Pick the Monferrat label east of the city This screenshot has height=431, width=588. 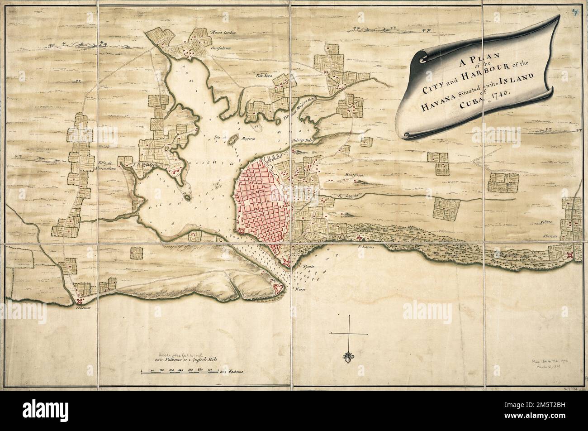354,174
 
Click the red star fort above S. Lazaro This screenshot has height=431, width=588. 360,238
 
